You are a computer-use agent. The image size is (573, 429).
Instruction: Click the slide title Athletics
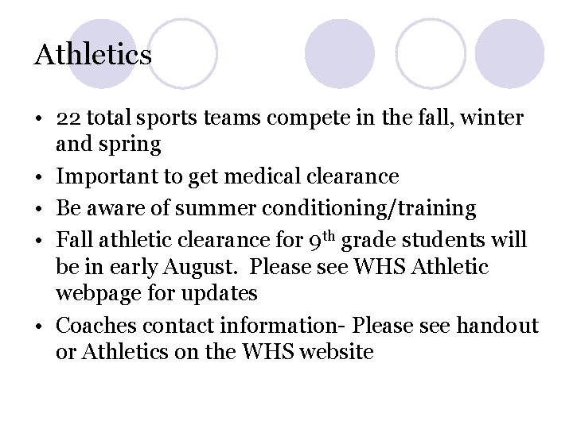click(x=93, y=55)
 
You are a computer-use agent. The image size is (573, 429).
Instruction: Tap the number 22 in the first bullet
click(x=69, y=119)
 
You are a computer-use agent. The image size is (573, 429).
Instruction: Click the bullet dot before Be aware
click(x=39, y=208)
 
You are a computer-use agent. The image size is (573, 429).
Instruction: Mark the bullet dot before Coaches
click(x=39, y=325)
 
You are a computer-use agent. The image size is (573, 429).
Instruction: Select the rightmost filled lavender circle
click(x=509, y=53)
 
